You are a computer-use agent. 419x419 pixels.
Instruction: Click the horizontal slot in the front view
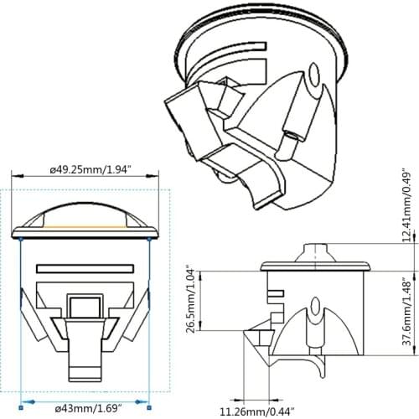tap(84, 269)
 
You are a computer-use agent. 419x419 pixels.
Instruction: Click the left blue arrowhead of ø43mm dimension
tap(22, 403)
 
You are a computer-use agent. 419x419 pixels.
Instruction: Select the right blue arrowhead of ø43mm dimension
tap(147, 403)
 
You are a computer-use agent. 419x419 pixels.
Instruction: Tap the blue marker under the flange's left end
tap(20, 239)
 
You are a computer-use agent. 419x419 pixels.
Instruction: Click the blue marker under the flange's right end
tap(149, 239)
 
